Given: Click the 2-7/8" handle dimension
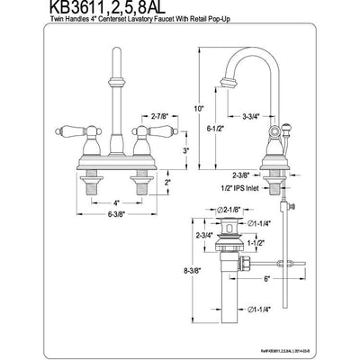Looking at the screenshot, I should (137, 116).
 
